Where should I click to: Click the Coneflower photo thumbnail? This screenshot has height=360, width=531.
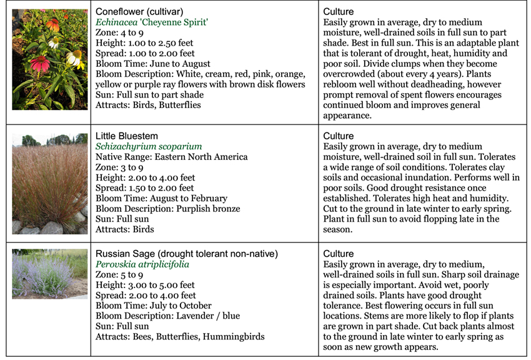49,59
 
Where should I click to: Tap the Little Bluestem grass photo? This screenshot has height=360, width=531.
49,184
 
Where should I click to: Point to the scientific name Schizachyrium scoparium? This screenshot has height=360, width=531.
149,146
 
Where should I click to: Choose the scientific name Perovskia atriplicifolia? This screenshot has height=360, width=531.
142,264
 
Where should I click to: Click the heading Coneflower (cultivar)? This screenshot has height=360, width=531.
139,11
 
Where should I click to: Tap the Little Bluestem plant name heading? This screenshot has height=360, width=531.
127,136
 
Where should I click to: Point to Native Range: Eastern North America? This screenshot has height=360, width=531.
172,157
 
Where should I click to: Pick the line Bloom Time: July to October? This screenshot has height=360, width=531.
153,306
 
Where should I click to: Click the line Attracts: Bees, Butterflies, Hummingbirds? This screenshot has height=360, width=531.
180,337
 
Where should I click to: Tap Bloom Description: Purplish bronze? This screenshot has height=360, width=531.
167,209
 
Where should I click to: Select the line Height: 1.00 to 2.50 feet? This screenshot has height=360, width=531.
144,42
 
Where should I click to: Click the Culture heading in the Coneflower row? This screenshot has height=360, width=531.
339,11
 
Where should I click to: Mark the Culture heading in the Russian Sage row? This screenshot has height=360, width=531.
339,254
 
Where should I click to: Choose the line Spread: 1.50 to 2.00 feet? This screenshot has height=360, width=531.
145,188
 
